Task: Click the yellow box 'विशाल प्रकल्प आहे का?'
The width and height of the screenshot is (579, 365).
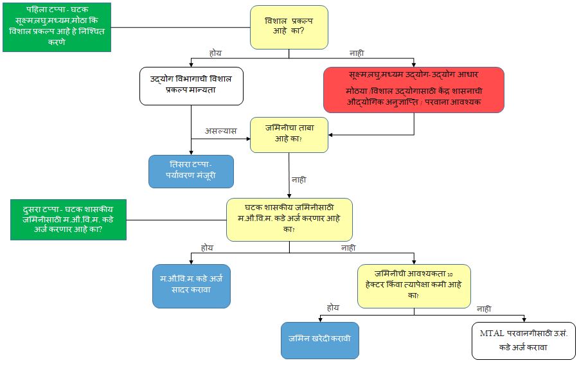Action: click(289, 27)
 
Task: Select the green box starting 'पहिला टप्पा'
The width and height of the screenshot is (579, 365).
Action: click(57, 26)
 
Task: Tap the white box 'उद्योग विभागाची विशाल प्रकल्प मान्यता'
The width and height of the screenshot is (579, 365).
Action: click(192, 85)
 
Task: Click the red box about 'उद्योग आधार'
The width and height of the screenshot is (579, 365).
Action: click(413, 90)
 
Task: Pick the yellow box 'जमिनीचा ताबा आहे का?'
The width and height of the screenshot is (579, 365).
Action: click(289, 134)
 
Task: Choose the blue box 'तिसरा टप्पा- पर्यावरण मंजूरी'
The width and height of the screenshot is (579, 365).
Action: click(191, 171)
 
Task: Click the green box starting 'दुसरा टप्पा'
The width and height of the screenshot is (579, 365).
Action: click(69, 219)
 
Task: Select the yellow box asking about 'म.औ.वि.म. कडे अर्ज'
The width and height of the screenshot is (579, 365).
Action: click(289, 219)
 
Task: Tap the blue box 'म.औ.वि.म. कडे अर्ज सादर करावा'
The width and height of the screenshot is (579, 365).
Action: click(191, 286)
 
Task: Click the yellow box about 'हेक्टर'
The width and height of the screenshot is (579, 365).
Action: click(414, 285)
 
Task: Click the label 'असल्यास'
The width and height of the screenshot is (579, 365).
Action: click(221, 130)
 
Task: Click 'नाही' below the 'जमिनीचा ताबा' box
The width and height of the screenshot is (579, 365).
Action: click(299, 180)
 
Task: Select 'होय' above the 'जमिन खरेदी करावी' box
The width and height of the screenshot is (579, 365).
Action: click(333, 308)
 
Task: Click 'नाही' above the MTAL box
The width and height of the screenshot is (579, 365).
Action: click(484, 308)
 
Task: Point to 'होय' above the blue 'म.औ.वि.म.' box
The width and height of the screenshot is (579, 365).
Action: click(207, 247)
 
